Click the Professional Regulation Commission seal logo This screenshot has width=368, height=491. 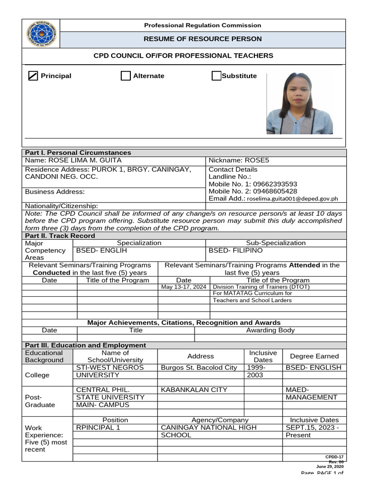[x=41, y=34]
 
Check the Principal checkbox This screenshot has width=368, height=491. [x=33, y=76]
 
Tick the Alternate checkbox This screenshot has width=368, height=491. [x=126, y=76]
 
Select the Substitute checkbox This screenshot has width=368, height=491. [x=216, y=76]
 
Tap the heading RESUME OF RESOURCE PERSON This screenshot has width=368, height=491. [x=203, y=39]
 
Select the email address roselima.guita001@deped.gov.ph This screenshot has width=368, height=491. [x=293, y=199]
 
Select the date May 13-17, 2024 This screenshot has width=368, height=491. [x=184, y=287]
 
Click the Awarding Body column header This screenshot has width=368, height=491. [x=270, y=330]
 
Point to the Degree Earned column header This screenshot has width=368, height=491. [x=314, y=356]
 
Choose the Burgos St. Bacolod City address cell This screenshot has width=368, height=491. [x=199, y=367]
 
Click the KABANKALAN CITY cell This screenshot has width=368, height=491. [x=194, y=390]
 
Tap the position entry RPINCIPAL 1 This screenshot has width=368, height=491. [x=98, y=427]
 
